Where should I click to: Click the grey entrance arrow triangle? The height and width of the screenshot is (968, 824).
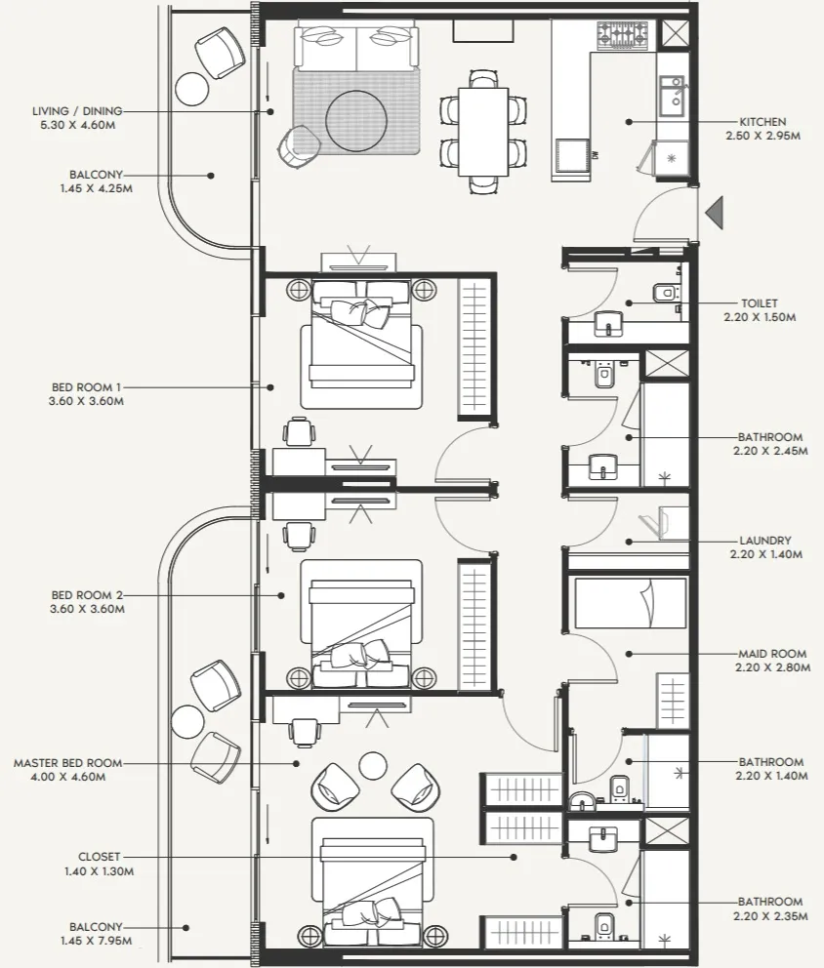pyautogui.click(x=716, y=213)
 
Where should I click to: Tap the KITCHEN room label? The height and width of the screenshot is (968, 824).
pyautogui.click(x=762, y=122)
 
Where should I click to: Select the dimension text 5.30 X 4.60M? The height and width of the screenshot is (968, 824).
pyautogui.click(x=78, y=125)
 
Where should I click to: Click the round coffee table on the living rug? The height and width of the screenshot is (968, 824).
pyautogui.click(x=356, y=121)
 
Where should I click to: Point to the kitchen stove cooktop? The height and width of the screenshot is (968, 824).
pyautogui.click(x=622, y=35)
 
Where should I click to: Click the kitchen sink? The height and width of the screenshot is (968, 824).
pyautogui.click(x=673, y=96)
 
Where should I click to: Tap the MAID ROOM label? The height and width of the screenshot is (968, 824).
pyautogui.click(x=772, y=653)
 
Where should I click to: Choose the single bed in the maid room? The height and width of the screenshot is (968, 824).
pyautogui.click(x=631, y=602)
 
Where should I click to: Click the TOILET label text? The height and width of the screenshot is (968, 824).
pyautogui.click(x=760, y=303)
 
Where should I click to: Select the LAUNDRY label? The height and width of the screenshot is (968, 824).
pyautogui.click(x=765, y=541)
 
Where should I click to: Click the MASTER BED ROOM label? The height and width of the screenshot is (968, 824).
pyautogui.click(x=68, y=763)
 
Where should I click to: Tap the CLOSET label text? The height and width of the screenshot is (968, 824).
pyautogui.click(x=99, y=857)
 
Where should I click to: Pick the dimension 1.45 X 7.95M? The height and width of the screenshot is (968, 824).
pyautogui.click(x=97, y=941)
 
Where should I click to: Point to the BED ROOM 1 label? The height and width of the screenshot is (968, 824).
pyautogui.click(x=87, y=387)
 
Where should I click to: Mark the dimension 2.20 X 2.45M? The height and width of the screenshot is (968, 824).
pyautogui.click(x=770, y=451)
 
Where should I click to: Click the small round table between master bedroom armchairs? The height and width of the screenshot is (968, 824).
pyautogui.click(x=373, y=767)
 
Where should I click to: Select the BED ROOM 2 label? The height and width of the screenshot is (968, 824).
pyautogui.click(x=87, y=595)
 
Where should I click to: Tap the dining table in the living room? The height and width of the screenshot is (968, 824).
pyautogui.click(x=483, y=131)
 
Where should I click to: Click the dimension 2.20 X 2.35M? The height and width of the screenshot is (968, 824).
pyautogui.click(x=770, y=916)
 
